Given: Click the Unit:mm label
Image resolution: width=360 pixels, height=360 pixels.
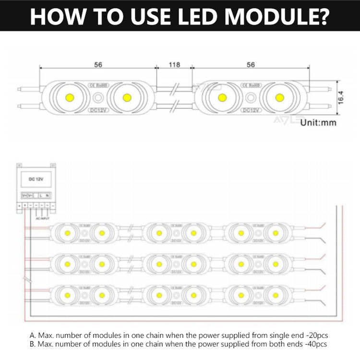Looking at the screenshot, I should click(x=319, y=122).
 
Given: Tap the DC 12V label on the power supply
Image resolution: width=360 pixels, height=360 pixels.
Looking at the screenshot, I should click(x=36, y=179).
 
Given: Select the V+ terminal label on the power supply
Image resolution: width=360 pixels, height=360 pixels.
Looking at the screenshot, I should click(x=24, y=195).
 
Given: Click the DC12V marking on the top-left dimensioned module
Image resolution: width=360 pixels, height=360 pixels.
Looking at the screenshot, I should click(x=98, y=110).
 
